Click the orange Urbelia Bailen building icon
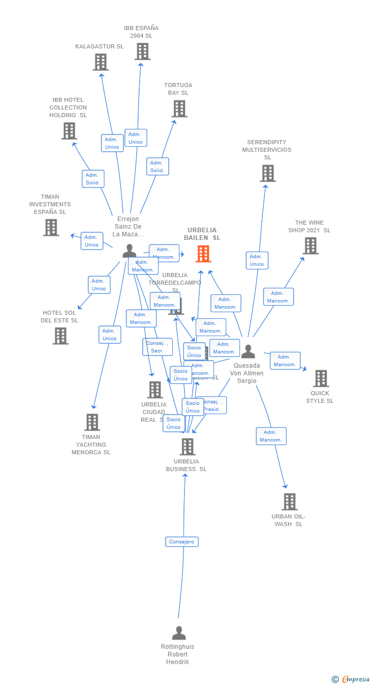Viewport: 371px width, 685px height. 203,254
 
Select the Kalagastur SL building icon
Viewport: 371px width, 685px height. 101,62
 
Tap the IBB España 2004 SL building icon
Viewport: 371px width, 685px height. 142,51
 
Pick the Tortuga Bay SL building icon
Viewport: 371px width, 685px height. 179,108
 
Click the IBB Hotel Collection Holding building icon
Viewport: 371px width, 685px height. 69,131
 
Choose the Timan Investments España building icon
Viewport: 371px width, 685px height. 51,227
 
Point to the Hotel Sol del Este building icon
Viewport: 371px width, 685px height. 60,336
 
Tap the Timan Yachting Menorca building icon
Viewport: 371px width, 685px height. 92,422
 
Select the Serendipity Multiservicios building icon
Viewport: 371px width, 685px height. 268,173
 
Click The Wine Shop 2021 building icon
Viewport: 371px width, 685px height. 310,245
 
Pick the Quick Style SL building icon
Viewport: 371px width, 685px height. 321,378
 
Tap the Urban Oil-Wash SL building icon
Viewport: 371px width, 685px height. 289,502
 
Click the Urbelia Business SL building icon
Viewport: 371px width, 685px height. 188,447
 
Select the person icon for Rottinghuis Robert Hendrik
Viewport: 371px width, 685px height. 179,633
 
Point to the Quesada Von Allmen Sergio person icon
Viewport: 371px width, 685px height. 248,351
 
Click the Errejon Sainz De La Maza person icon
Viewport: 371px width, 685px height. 129,251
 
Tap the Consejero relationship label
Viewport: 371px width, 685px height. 182,542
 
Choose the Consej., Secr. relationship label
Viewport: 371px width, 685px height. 157,347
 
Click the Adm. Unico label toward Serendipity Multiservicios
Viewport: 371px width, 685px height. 257,260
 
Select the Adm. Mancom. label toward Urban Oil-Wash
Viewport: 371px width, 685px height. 271,436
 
